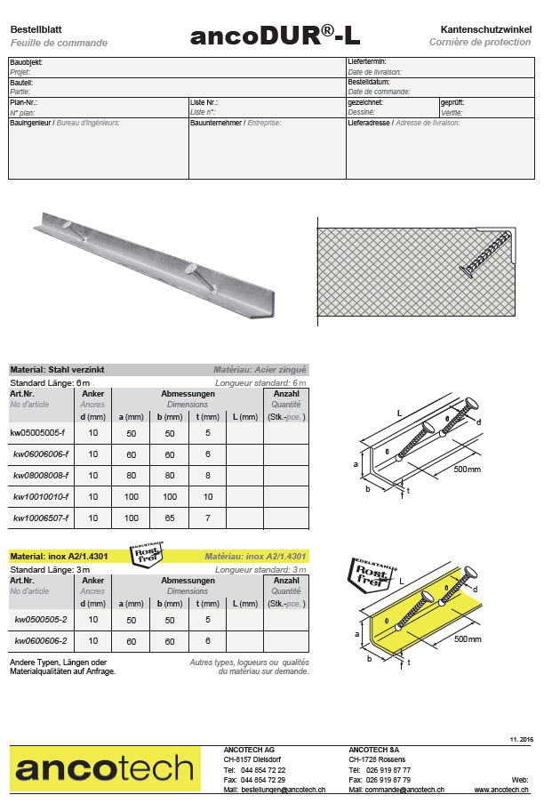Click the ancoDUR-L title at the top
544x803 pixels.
click(275, 36)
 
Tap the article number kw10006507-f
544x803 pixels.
click(41, 517)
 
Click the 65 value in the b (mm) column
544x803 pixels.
click(169, 517)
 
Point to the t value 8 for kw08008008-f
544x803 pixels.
click(207, 475)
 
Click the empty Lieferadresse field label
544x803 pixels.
click(369, 123)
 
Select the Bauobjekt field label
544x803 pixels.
click(26, 62)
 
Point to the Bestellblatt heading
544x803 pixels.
click(36, 29)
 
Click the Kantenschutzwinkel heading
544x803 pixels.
click(486, 29)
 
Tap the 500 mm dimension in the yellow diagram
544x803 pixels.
click(466, 639)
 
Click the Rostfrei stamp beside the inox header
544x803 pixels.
click(147, 556)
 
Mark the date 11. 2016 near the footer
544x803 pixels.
click(520, 740)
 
